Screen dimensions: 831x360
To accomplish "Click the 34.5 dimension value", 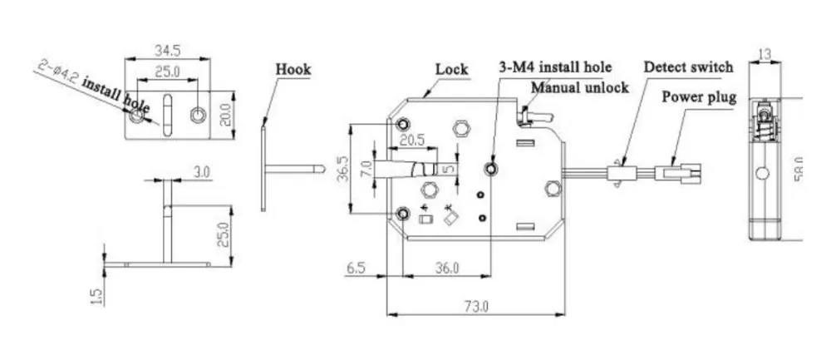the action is (168, 51).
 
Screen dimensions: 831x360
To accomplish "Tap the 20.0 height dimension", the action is (226, 115).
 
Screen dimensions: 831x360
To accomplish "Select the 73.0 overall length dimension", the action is (477, 307).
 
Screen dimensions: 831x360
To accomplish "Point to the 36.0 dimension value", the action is (447, 268).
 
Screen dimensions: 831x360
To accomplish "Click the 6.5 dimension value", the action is (356, 268).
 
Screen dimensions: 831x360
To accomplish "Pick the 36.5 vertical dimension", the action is (342, 169).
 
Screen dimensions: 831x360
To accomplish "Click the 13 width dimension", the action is (765, 53).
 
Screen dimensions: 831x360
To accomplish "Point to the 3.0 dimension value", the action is (201, 172).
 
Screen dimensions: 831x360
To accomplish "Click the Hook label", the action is (293, 70).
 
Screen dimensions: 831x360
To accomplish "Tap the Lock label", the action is (451, 69).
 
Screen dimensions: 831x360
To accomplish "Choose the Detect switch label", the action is (688, 67).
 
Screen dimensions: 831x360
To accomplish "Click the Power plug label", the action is (699, 97).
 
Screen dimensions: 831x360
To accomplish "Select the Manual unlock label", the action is (580, 87).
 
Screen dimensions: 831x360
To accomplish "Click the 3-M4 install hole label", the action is (555, 67).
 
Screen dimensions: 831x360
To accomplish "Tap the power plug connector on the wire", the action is (678, 174).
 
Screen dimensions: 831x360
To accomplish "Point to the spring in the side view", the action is (765, 130).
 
